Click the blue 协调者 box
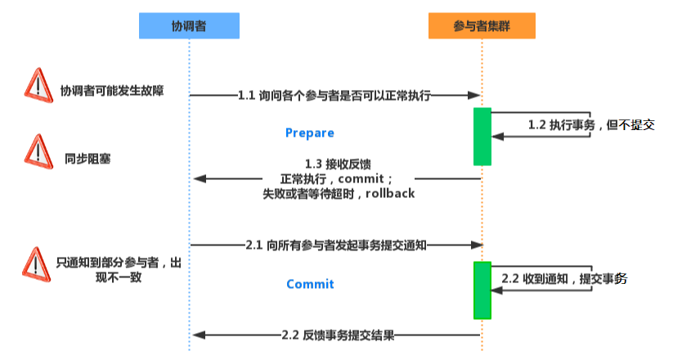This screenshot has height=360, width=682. click(189, 26)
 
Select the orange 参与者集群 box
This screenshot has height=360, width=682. click(482, 26)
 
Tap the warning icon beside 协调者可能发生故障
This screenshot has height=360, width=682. click(38, 85)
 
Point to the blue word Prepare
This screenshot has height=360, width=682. click(309, 133)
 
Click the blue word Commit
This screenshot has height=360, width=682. click(310, 284)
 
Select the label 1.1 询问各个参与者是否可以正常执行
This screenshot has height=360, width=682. click(334, 96)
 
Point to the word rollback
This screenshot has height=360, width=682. click(389, 194)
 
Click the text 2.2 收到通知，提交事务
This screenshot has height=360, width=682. click(564, 279)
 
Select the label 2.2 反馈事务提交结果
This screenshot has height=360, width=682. click(339, 335)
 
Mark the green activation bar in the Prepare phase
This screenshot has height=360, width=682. click(482, 136)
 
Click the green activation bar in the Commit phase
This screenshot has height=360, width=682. click(482, 290)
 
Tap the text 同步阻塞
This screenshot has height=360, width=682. click(88, 158)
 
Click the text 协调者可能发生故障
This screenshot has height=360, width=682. click(112, 91)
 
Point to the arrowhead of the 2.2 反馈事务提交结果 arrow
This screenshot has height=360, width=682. click(198, 335)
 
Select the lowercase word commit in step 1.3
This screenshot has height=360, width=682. click(361, 178)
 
